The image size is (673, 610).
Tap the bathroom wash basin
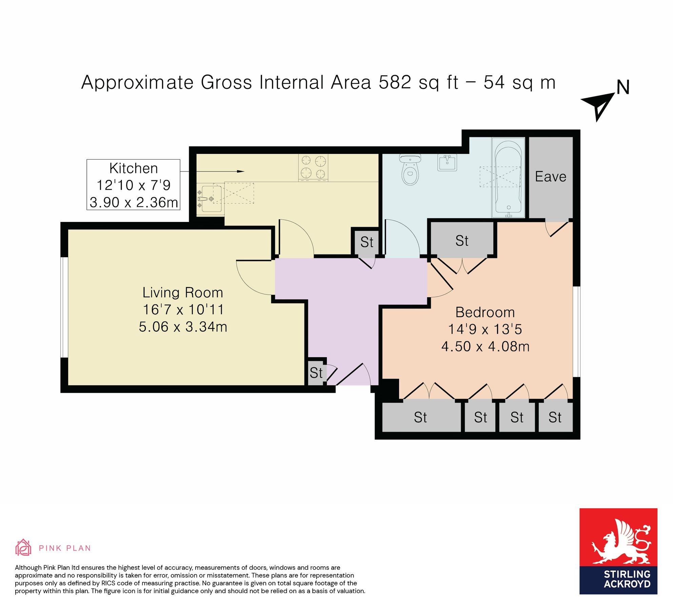click(x=447, y=163)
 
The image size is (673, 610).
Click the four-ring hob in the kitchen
click(x=313, y=167)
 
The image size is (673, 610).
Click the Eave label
click(x=550, y=177)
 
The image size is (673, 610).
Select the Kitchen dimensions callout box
click(x=133, y=185)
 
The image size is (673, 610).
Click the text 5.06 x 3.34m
click(x=183, y=327)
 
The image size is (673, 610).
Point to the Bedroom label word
click(x=485, y=312)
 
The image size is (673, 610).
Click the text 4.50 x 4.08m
click(x=485, y=346)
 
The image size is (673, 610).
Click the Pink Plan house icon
click(x=23, y=548)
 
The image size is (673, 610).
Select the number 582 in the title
click(x=395, y=82)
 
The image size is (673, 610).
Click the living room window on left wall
click(x=64, y=307)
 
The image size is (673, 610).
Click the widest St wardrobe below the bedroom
click(x=420, y=417)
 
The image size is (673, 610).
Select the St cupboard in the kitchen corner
click(x=367, y=242)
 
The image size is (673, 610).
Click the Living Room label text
click(x=183, y=292)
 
